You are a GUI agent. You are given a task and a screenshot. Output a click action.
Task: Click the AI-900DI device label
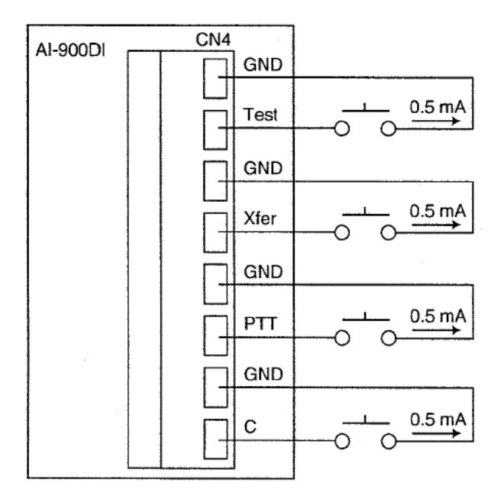point(70,50)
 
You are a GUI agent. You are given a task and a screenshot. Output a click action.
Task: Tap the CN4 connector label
point(213,40)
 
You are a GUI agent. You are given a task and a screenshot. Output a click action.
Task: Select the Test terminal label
point(260,115)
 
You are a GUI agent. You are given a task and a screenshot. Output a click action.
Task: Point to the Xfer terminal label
point(260,219)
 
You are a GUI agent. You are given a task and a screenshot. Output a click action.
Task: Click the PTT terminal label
point(260,323)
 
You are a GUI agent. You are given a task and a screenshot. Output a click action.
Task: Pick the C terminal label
point(250,427)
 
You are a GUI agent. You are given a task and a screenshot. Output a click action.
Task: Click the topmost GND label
point(263,65)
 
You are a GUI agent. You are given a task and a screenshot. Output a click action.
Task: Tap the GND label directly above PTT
point(263,272)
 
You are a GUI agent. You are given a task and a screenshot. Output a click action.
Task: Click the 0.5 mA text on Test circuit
point(438,107)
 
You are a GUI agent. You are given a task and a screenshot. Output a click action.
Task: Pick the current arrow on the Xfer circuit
point(436,225)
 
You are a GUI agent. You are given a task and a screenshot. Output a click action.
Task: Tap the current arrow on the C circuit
point(437,433)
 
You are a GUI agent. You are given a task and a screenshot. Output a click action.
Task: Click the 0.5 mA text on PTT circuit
point(438,316)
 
